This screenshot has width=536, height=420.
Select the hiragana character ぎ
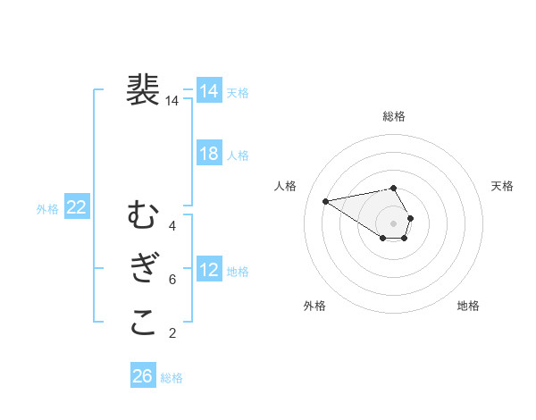(x=143, y=269)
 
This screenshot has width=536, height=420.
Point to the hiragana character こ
(x=143, y=323)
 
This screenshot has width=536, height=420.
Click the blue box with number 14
(x=209, y=90)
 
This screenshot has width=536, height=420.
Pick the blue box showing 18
(x=209, y=153)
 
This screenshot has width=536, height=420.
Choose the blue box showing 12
(x=209, y=269)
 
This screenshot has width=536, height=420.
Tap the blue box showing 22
(x=77, y=207)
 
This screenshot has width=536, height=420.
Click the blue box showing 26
(x=142, y=376)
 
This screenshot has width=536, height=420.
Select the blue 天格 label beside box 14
(x=238, y=93)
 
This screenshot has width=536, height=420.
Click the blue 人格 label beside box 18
(x=238, y=155)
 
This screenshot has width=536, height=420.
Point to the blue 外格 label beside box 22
(x=47, y=210)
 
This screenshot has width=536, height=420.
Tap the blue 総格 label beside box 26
(x=172, y=379)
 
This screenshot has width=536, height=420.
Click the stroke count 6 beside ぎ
(x=172, y=280)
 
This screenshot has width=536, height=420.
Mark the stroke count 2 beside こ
(x=172, y=333)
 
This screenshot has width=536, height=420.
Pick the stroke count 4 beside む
(x=172, y=226)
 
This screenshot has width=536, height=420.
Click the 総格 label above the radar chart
(x=394, y=116)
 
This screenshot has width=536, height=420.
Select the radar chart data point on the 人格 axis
(x=325, y=200)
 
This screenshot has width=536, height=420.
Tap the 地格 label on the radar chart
(x=468, y=306)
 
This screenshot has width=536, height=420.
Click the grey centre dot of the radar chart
(x=394, y=223)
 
